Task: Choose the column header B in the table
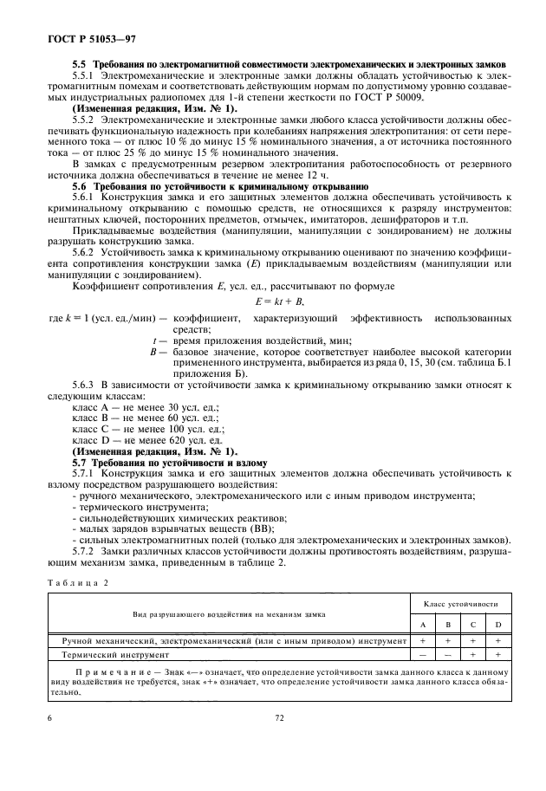(446, 626)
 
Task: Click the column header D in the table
(499, 626)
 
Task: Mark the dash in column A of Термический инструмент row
(421, 655)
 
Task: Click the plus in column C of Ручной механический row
(472, 641)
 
